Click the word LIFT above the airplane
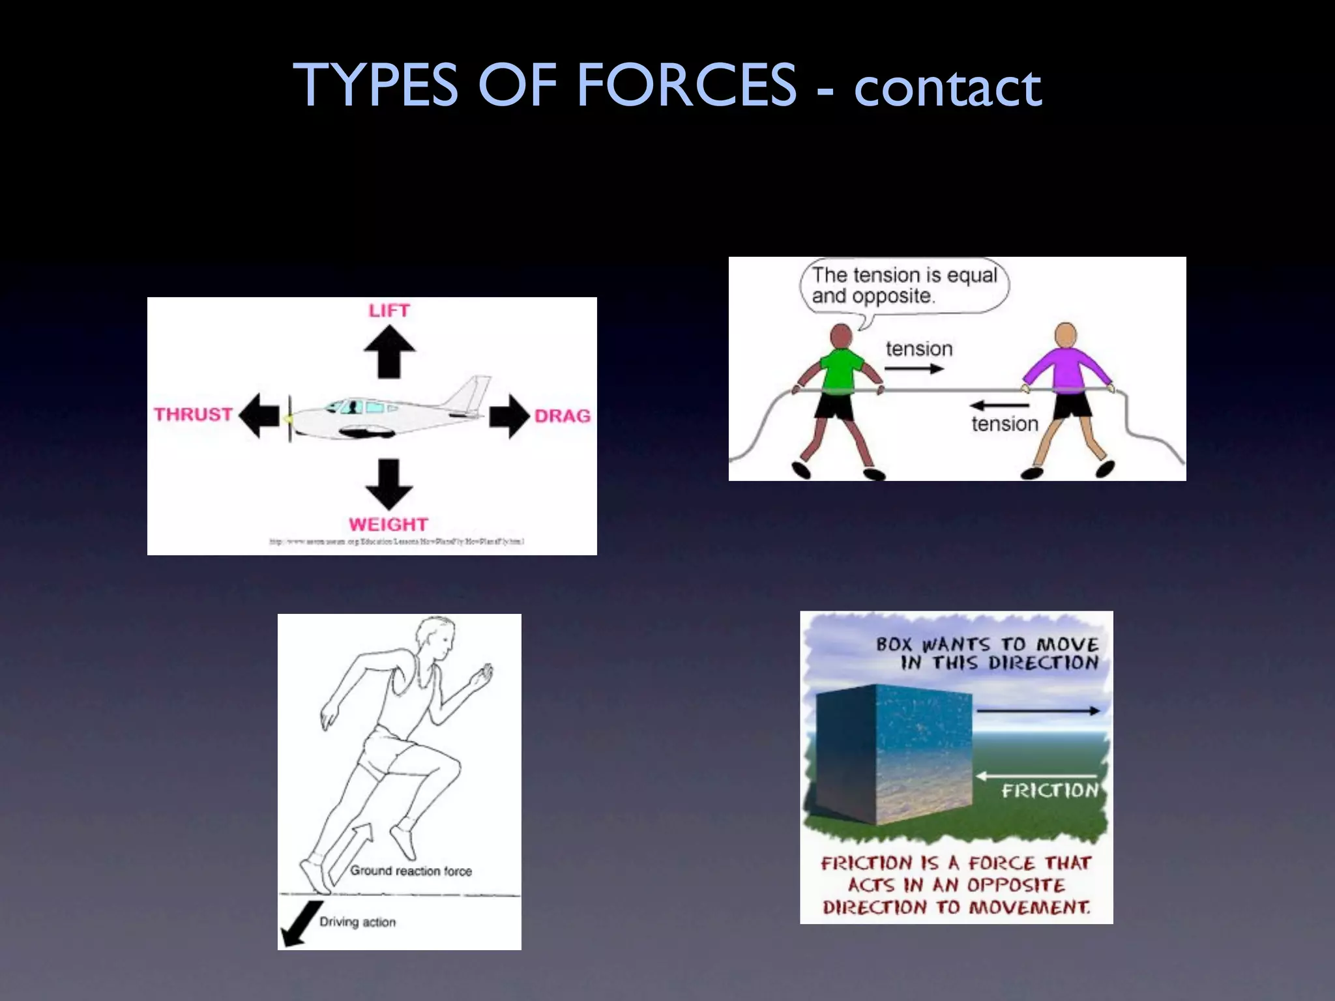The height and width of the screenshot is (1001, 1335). pos(389,311)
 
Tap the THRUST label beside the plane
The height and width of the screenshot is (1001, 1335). pos(193,414)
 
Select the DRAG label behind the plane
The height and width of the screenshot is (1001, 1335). pos(562,416)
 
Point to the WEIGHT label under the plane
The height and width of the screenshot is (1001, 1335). pos(389,524)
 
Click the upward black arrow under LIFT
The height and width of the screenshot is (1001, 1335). pos(389,352)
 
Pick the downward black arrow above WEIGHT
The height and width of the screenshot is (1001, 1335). pos(389,484)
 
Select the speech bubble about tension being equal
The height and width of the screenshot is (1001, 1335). pos(904,286)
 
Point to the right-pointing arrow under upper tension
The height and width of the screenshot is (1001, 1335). pos(914,369)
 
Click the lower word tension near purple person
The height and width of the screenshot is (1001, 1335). pos(1005,424)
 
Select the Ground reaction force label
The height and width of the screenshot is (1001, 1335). pos(411,871)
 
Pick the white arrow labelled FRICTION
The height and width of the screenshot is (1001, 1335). pos(1037,776)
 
